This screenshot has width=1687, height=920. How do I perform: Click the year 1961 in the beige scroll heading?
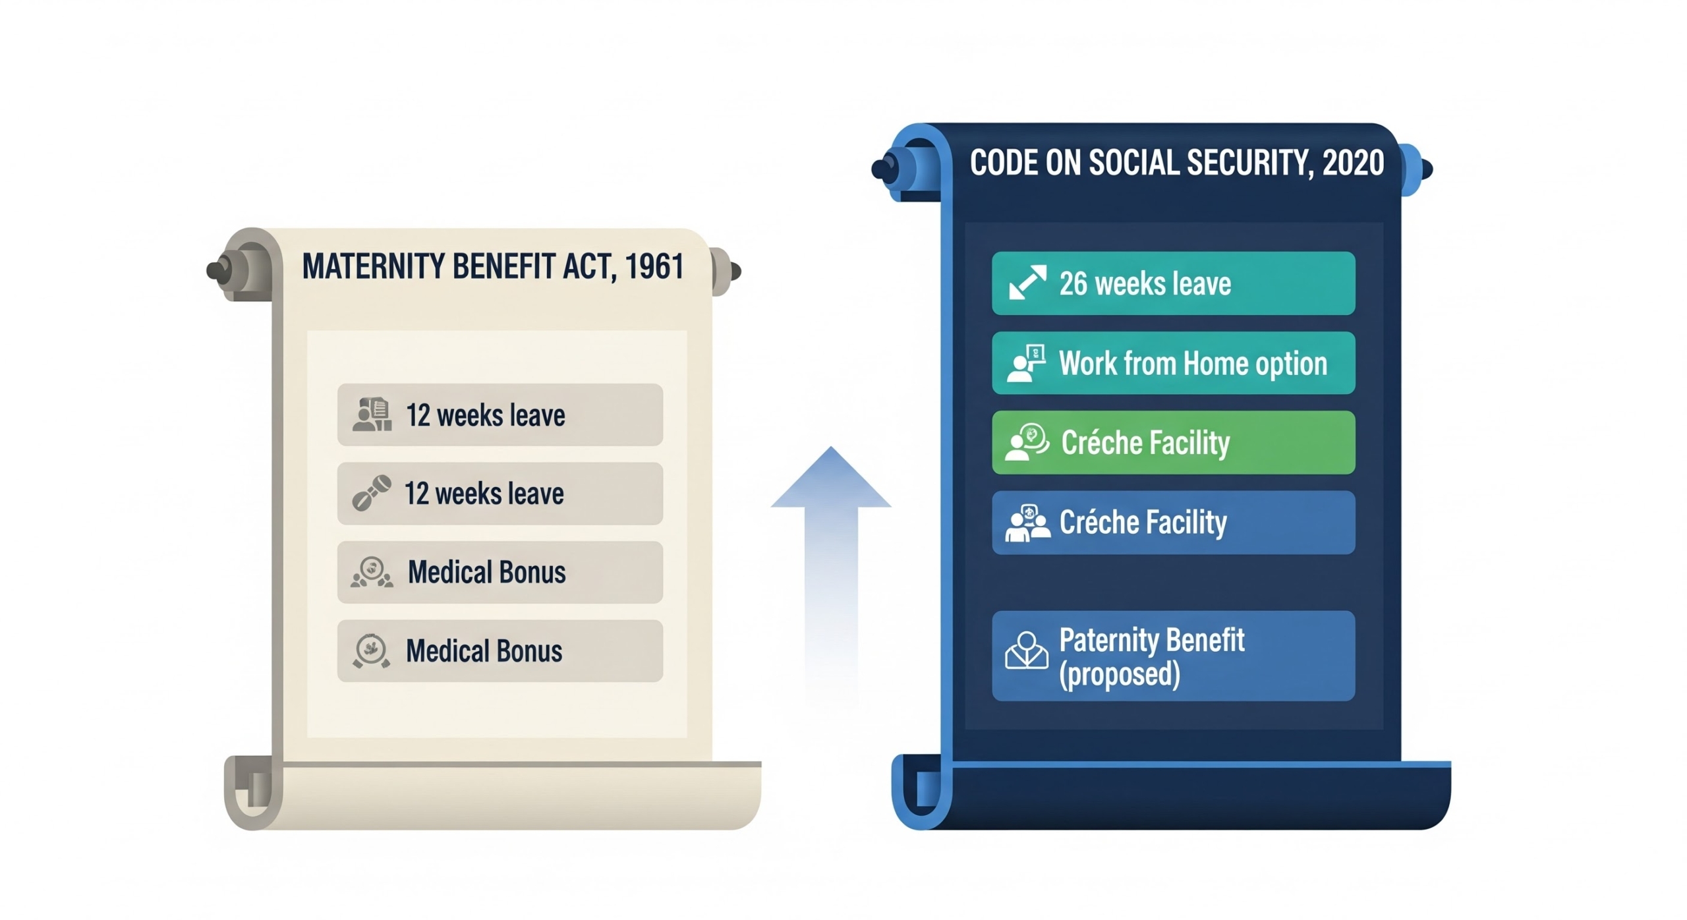click(x=654, y=266)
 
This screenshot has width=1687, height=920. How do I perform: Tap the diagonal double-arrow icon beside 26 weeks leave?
click(x=1028, y=282)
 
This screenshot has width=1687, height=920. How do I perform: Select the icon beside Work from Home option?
click(x=1027, y=363)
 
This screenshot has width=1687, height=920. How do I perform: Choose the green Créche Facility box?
click(x=1174, y=442)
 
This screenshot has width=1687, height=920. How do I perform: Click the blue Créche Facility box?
click(x=1174, y=523)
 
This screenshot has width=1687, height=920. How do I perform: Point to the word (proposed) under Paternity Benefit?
click(x=1120, y=674)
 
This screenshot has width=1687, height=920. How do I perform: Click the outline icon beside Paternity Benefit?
click(x=1027, y=650)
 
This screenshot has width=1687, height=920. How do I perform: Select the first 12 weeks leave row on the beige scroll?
click(x=500, y=415)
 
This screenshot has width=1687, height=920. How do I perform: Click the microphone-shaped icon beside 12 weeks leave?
click(x=372, y=493)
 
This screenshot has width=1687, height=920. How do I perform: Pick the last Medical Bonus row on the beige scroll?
click(x=500, y=650)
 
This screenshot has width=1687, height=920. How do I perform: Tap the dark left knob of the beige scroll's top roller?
click(x=217, y=271)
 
